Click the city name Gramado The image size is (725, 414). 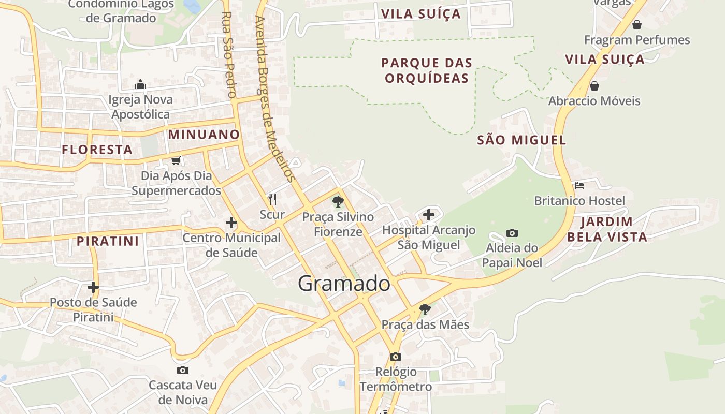pos(344,284)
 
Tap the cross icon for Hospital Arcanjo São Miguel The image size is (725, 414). pos(429,214)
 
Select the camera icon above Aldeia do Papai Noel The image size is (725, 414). pos(512,233)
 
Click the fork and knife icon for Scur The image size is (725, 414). pos(272,199)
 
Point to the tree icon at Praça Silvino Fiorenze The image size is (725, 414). pos(338,202)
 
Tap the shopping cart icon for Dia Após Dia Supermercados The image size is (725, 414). pos(176,161)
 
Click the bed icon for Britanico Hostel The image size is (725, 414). pos(579,185)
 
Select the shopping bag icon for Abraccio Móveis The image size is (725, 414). pos(594,86)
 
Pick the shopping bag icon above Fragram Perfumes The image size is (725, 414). pos(637,25)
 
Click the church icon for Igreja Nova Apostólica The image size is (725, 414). pos(140,84)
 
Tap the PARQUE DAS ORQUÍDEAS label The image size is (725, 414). pos(427,70)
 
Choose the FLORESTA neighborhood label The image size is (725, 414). pos(97,150)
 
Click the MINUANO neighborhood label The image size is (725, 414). pos(204,135)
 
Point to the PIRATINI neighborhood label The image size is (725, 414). pos(108,241)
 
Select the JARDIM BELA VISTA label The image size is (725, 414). pos(607,229)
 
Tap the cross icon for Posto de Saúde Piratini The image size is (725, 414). pos(93,287)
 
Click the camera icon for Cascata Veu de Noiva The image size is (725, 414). pos(182,370)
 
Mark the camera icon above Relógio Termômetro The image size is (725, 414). pos(395,357)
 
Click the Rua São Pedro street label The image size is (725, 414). pos(228,54)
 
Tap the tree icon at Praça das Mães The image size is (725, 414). pos(425,309)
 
